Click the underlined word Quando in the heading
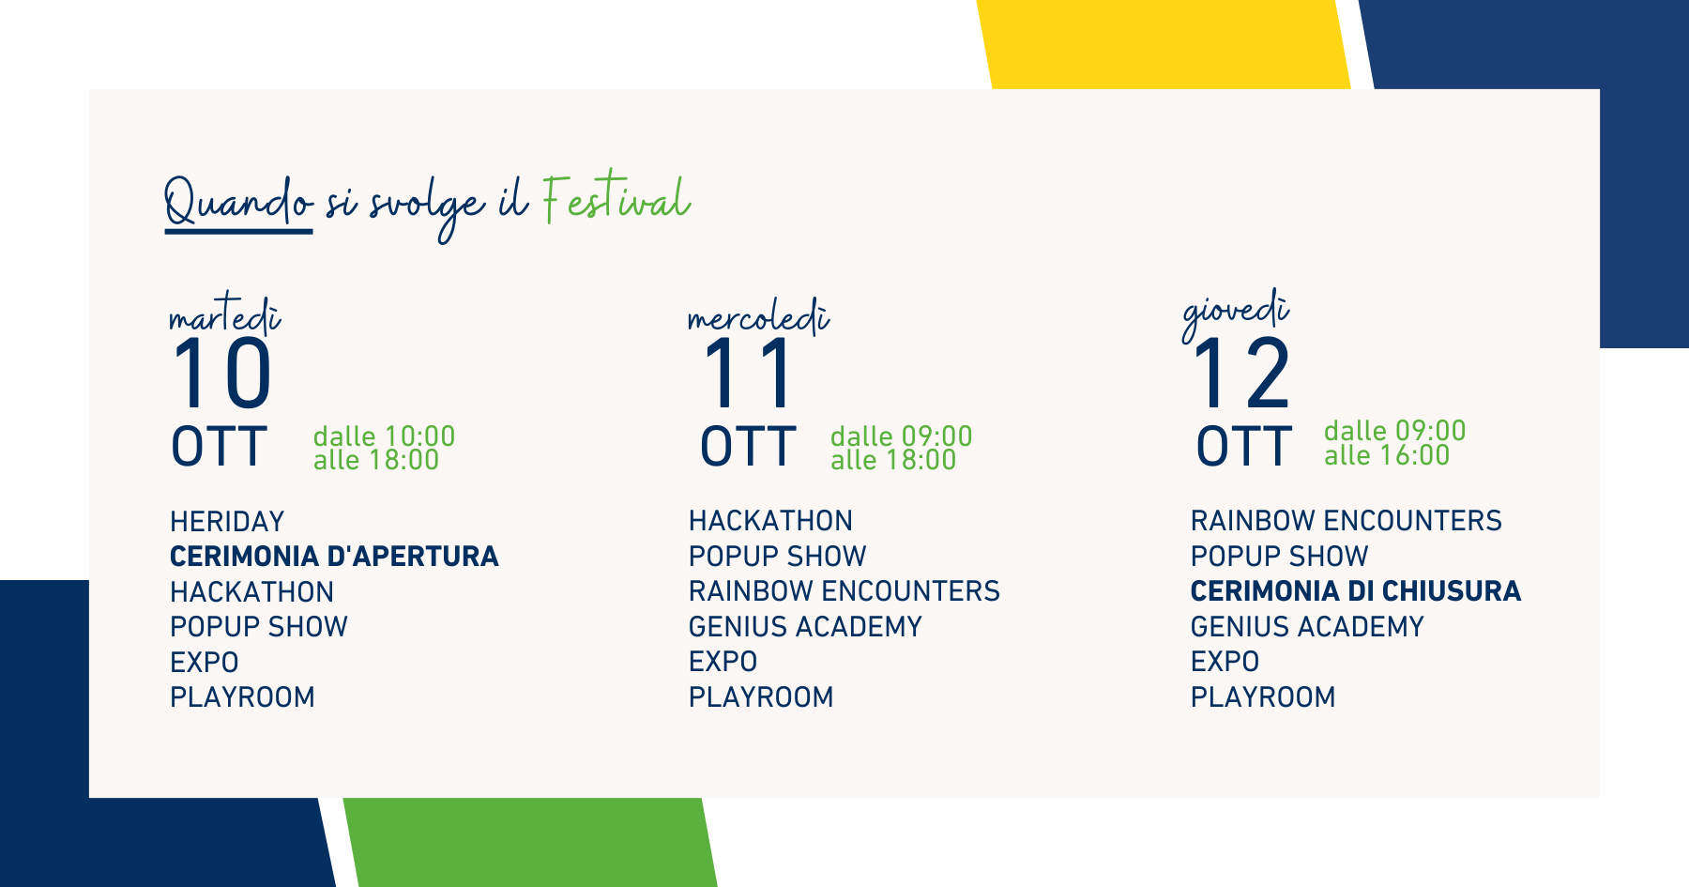click(x=238, y=201)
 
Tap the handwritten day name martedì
click(x=225, y=314)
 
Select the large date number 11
click(x=748, y=374)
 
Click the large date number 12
click(x=1241, y=374)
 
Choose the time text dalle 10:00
click(x=384, y=436)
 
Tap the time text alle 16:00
click(x=1387, y=455)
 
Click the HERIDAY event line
click(x=227, y=521)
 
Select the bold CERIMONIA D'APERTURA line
click(x=334, y=557)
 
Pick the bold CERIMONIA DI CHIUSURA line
click(x=1356, y=591)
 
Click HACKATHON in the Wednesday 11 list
click(x=770, y=521)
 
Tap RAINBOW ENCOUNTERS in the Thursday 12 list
click(x=1346, y=521)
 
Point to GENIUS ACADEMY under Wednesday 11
click(x=805, y=626)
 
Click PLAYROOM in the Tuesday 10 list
click(x=242, y=697)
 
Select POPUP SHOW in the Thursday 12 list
click(x=1279, y=556)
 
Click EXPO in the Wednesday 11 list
click(x=723, y=662)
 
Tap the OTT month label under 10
click(x=219, y=447)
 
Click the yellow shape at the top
click(x=1164, y=45)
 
